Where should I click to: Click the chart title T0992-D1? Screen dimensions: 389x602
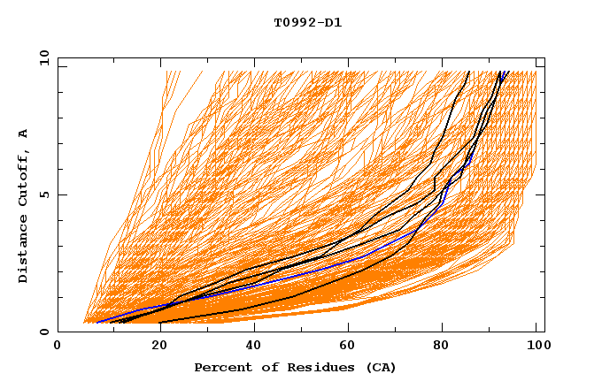pyautogui.click(x=307, y=23)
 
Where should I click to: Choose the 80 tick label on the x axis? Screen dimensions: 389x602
pyautogui.click(x=440, y=347)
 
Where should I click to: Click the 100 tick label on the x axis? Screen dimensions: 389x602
pyautogui.click(x=536, y=347)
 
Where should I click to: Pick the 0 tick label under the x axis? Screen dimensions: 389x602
pyautogui.click(x=58, y=347)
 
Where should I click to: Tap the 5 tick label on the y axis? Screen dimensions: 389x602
pyautogui.click(x=43, y=194)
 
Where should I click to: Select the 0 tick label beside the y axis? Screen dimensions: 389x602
pyautogui.click(x=43, y=332)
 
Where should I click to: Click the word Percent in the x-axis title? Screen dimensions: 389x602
pyautogui.click(x=221, y=367)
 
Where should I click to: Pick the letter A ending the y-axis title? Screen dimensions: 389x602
pyautogui.click(x=24, y=133)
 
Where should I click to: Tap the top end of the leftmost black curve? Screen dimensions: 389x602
pyautogui.click(x=468, y=72)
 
